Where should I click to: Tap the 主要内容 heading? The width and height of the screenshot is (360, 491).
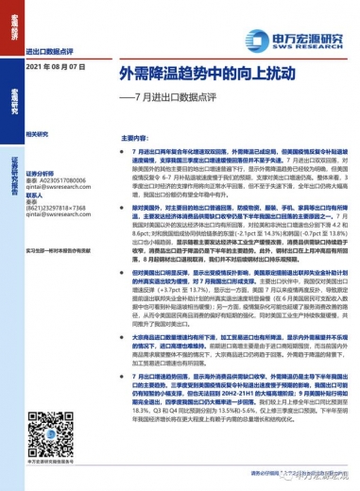point(136,136)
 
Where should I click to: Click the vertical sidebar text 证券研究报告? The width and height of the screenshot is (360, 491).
point(11,155)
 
